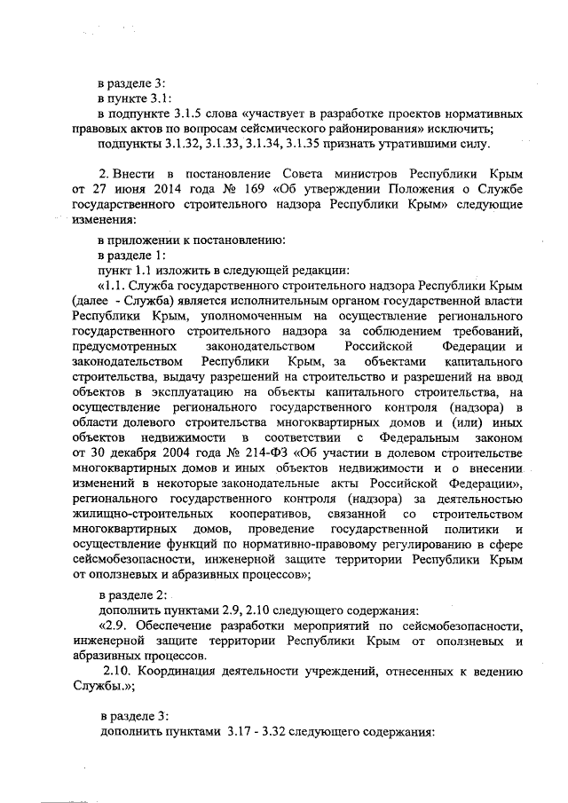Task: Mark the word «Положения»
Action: [400, 189]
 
